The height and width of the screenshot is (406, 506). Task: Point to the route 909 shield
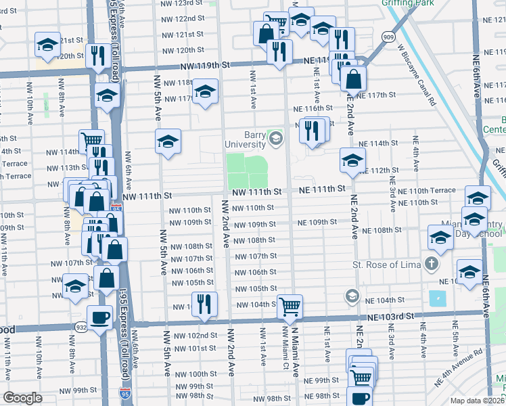tap(388, 37)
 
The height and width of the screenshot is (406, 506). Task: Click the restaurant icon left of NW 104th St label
tap(203, 303)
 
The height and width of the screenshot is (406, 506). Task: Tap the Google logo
tap(23, 399)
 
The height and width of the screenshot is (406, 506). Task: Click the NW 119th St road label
tap(206, 66)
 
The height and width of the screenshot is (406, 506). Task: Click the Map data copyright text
tap(476, 401)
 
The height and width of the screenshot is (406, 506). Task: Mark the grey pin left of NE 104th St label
tap(352, 296)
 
